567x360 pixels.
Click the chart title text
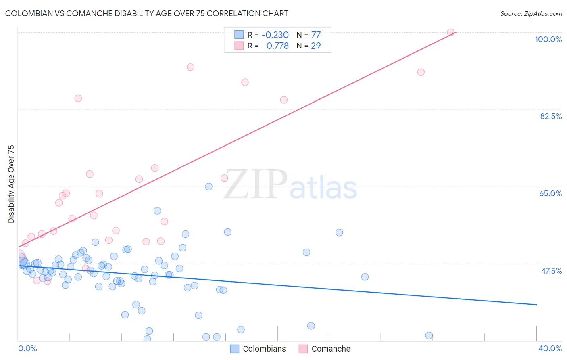tap(146, 13)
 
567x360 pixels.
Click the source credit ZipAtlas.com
tap(531, 13)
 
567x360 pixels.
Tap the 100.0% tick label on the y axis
tap(548, 39)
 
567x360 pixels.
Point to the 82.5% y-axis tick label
tap(551, 116)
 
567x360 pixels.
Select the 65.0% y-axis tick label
tap(550, 193)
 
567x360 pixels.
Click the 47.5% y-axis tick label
tap(551, 271)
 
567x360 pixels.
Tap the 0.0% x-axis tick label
tap(27, 348)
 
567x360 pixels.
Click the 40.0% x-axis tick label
tap(550, 348)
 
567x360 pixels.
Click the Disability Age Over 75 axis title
tap(11, 184)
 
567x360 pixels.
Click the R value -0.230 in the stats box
tap(275, 35)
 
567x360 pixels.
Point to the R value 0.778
tap(277, 46)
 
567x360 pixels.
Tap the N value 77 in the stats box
tap(316, 35)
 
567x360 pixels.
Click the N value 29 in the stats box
tap(316, 46)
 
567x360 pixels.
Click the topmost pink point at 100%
tap(450, 32)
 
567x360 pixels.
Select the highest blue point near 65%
tap(208, 186)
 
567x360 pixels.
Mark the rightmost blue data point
tap(429, 335)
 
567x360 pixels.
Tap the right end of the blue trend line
tap(536, 304)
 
